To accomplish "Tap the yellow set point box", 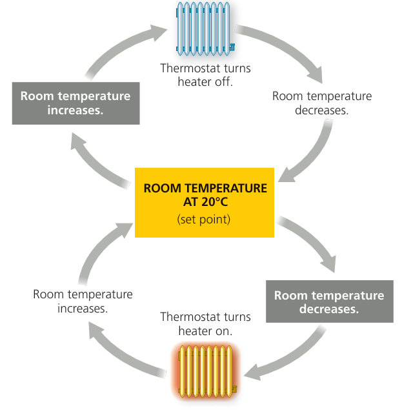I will [x=205, y=201].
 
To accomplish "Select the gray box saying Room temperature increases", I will [x=75, y=103].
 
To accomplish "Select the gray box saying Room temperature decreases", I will [x=329, y=302].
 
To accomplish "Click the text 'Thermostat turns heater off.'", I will [x=205, y=75].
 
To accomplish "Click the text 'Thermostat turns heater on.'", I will [x=205, y=323].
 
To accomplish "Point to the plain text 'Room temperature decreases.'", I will [x=322, y=103].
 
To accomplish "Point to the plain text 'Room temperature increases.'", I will [x=83, y=301].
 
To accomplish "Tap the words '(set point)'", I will [x=204, y=220].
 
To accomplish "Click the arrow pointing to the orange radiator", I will [x=284, y=362].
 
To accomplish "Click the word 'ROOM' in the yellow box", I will [x=159, y=189].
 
